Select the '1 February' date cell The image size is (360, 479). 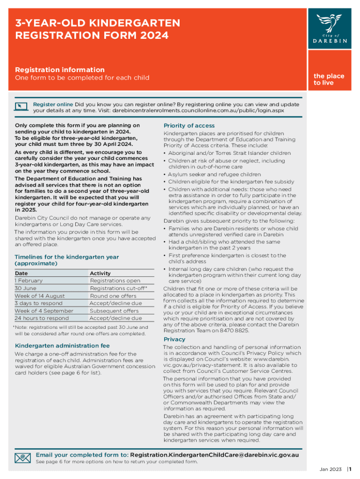click(29, 281)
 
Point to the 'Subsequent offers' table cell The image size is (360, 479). click(114, 311)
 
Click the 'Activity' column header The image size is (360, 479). click(100, 273)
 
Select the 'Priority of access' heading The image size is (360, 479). click(189, 125)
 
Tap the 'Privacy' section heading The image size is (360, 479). click(174, 339)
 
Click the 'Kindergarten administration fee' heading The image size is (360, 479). click(62, 346)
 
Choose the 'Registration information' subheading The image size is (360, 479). click(60, 70)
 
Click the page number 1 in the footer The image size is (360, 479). click(350, 469)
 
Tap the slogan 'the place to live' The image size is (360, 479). click(329, 79)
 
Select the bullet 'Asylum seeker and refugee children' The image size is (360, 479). click(214, 174)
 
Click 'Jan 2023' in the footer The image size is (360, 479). click(331, 469)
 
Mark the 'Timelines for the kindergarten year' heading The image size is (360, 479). click(66, 260)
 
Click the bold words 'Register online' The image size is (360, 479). click(53, 104)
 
